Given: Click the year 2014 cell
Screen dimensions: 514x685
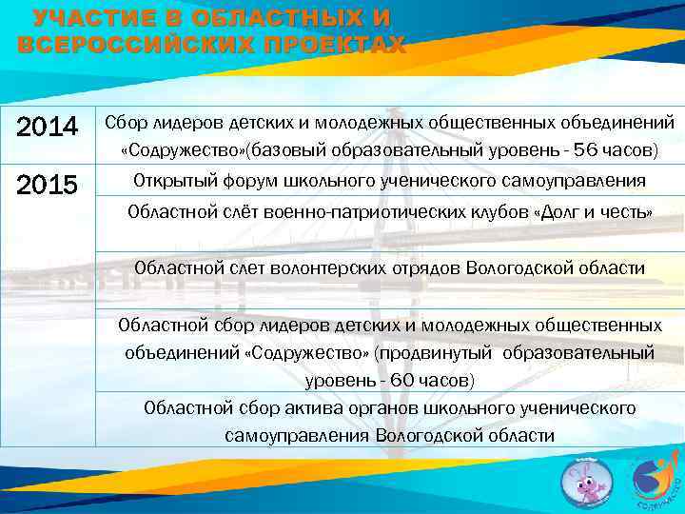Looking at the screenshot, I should (49, 126).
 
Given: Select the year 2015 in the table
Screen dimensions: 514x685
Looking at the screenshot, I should (49, 184).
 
